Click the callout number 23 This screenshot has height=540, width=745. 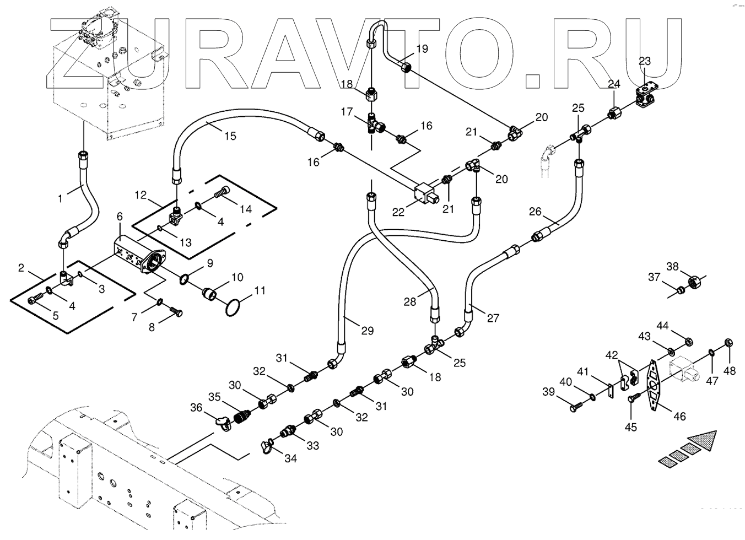point(644,61)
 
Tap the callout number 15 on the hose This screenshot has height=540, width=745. point(230,135)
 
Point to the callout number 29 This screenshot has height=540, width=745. point(367,331)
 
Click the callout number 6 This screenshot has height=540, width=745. point(119,217)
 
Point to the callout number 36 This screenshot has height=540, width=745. point(197,408)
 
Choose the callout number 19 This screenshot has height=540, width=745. point(422,48)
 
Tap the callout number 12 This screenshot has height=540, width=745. point(141,195)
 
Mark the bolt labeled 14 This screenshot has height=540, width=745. point(220,193)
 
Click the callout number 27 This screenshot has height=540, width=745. point(493,318)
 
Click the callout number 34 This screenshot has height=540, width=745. point(290,458)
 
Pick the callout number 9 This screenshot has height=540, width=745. point(209,263)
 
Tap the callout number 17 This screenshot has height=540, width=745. point(346,112)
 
